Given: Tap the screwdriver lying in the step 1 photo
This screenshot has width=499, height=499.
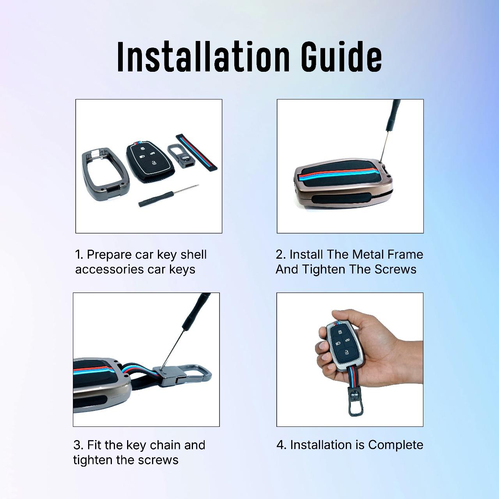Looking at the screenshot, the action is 168,196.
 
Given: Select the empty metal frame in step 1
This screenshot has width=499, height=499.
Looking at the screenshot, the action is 105,174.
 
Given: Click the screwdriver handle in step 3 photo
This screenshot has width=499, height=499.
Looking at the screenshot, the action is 196,311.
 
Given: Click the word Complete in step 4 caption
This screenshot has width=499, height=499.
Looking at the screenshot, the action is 395,445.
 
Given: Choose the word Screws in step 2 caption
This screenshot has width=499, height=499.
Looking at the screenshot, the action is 395,269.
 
